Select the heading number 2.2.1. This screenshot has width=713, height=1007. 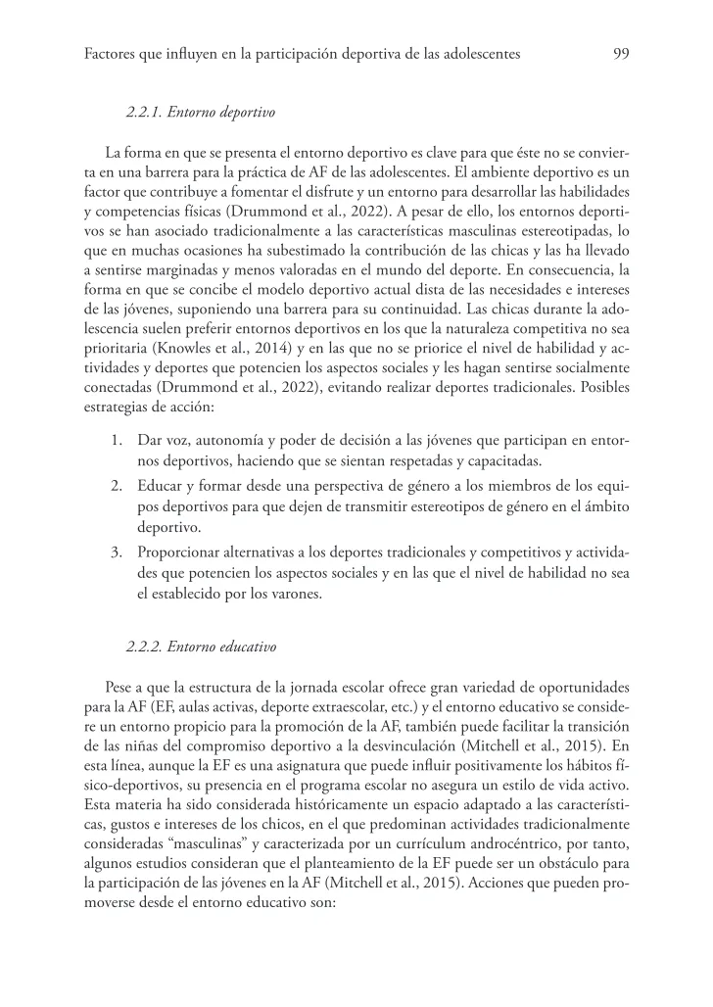[146, 114]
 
